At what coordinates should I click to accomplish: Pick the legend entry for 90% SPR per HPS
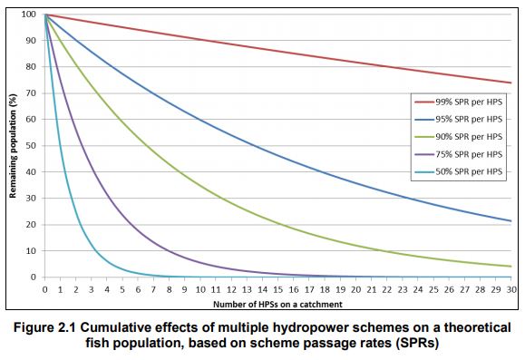pos(457,136)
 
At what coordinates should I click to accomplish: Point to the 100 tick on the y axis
pos(31,15)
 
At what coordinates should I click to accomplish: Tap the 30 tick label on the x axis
pos(511,288)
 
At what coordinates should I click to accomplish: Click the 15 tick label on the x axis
pos(277,288)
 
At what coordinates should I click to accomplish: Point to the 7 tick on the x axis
pos(153,288)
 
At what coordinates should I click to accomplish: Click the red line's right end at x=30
pos(511,83)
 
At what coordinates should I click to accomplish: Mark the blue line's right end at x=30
pos(511,220)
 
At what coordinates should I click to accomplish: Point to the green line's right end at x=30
pos(511,266)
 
